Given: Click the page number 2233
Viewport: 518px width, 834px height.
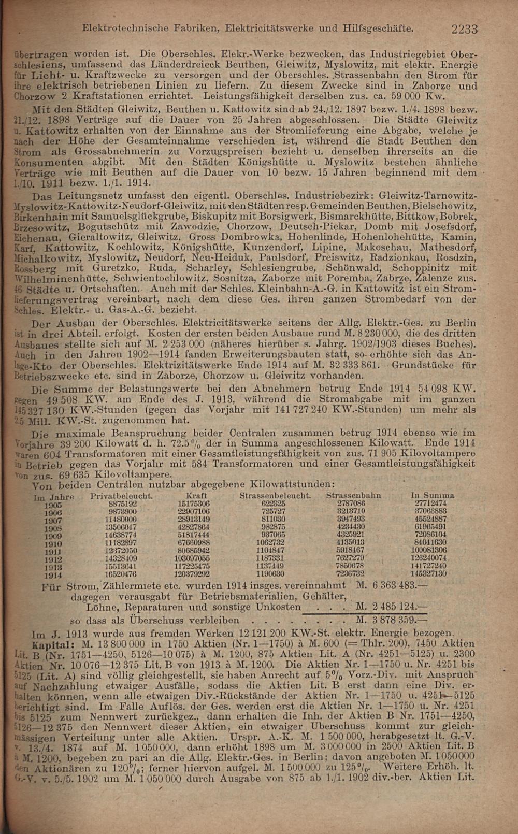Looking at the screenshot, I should point(464,29).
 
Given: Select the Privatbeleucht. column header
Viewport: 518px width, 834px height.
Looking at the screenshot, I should point(121,496).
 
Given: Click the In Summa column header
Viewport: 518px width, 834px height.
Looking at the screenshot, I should point(432,496).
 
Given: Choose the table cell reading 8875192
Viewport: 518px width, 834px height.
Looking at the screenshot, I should point(123,504).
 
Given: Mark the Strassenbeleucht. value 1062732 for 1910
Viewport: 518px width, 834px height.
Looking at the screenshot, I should point(270,543).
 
